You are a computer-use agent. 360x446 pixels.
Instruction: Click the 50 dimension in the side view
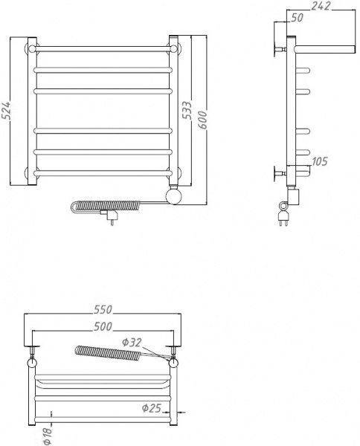pos(297,18)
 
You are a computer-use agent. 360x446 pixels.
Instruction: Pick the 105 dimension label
pos(320,161)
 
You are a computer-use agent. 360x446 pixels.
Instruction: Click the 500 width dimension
pos(103,326)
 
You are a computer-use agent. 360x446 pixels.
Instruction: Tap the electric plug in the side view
pos(283,217)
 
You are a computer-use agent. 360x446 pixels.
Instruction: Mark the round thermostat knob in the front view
pos(175,196)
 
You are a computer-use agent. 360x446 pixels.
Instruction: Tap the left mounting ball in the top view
pos(32,363)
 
